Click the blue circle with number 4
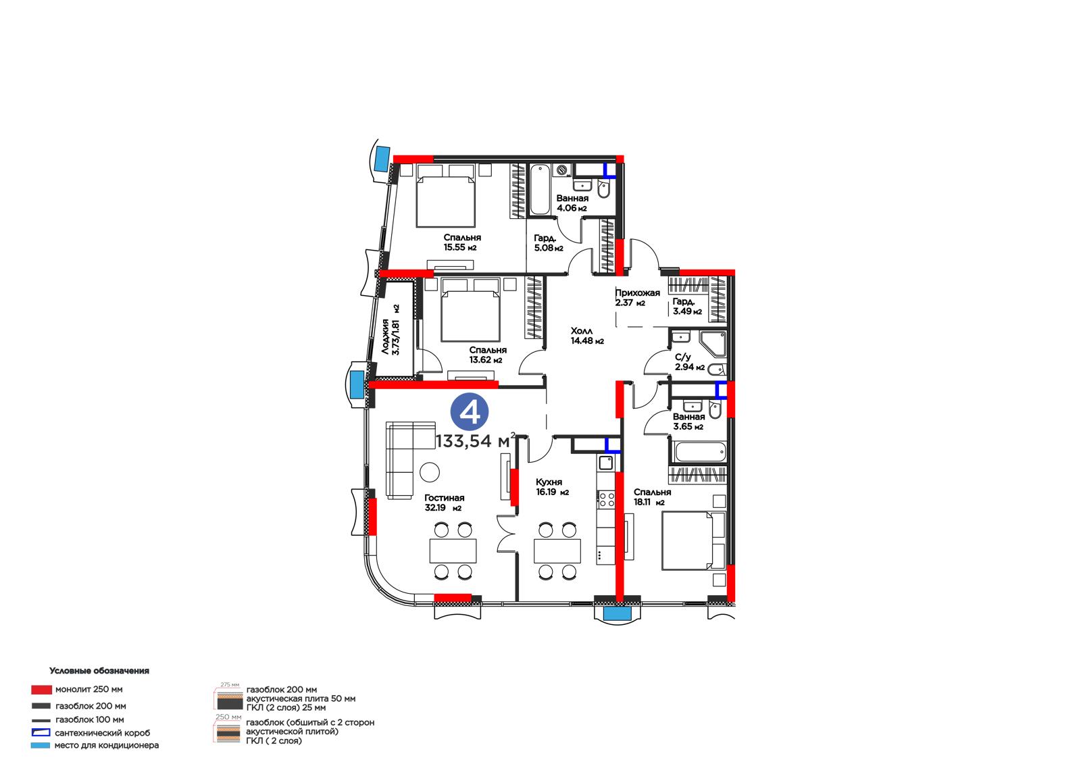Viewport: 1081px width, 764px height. tap(469, 411)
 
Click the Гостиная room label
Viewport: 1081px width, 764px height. tap(445, 498)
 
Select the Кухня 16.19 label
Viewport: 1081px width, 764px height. tap(552, 487)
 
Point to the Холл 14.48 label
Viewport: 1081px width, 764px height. tap(587, 336)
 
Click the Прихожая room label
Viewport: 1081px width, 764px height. tap(638, 292)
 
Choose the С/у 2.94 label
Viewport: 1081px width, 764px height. tap(690, 362)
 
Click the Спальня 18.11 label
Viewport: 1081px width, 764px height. tap(652, 496)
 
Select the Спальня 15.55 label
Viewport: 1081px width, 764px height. tap(462, 243)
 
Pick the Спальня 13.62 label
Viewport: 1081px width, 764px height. tap(487, 355)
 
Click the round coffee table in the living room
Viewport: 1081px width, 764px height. tap(430, 472)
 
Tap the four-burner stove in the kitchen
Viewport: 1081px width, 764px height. tap(606, 499)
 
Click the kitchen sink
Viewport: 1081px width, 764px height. tap(606, 463)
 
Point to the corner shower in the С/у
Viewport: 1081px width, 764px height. tap(713, 344)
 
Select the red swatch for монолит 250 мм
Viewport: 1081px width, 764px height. tap(41, 689)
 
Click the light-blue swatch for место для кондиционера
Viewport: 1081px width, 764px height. tap(41, 745)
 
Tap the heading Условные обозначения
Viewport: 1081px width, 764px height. tap(99, 670)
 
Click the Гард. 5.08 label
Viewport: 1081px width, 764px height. tap(548, 243)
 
